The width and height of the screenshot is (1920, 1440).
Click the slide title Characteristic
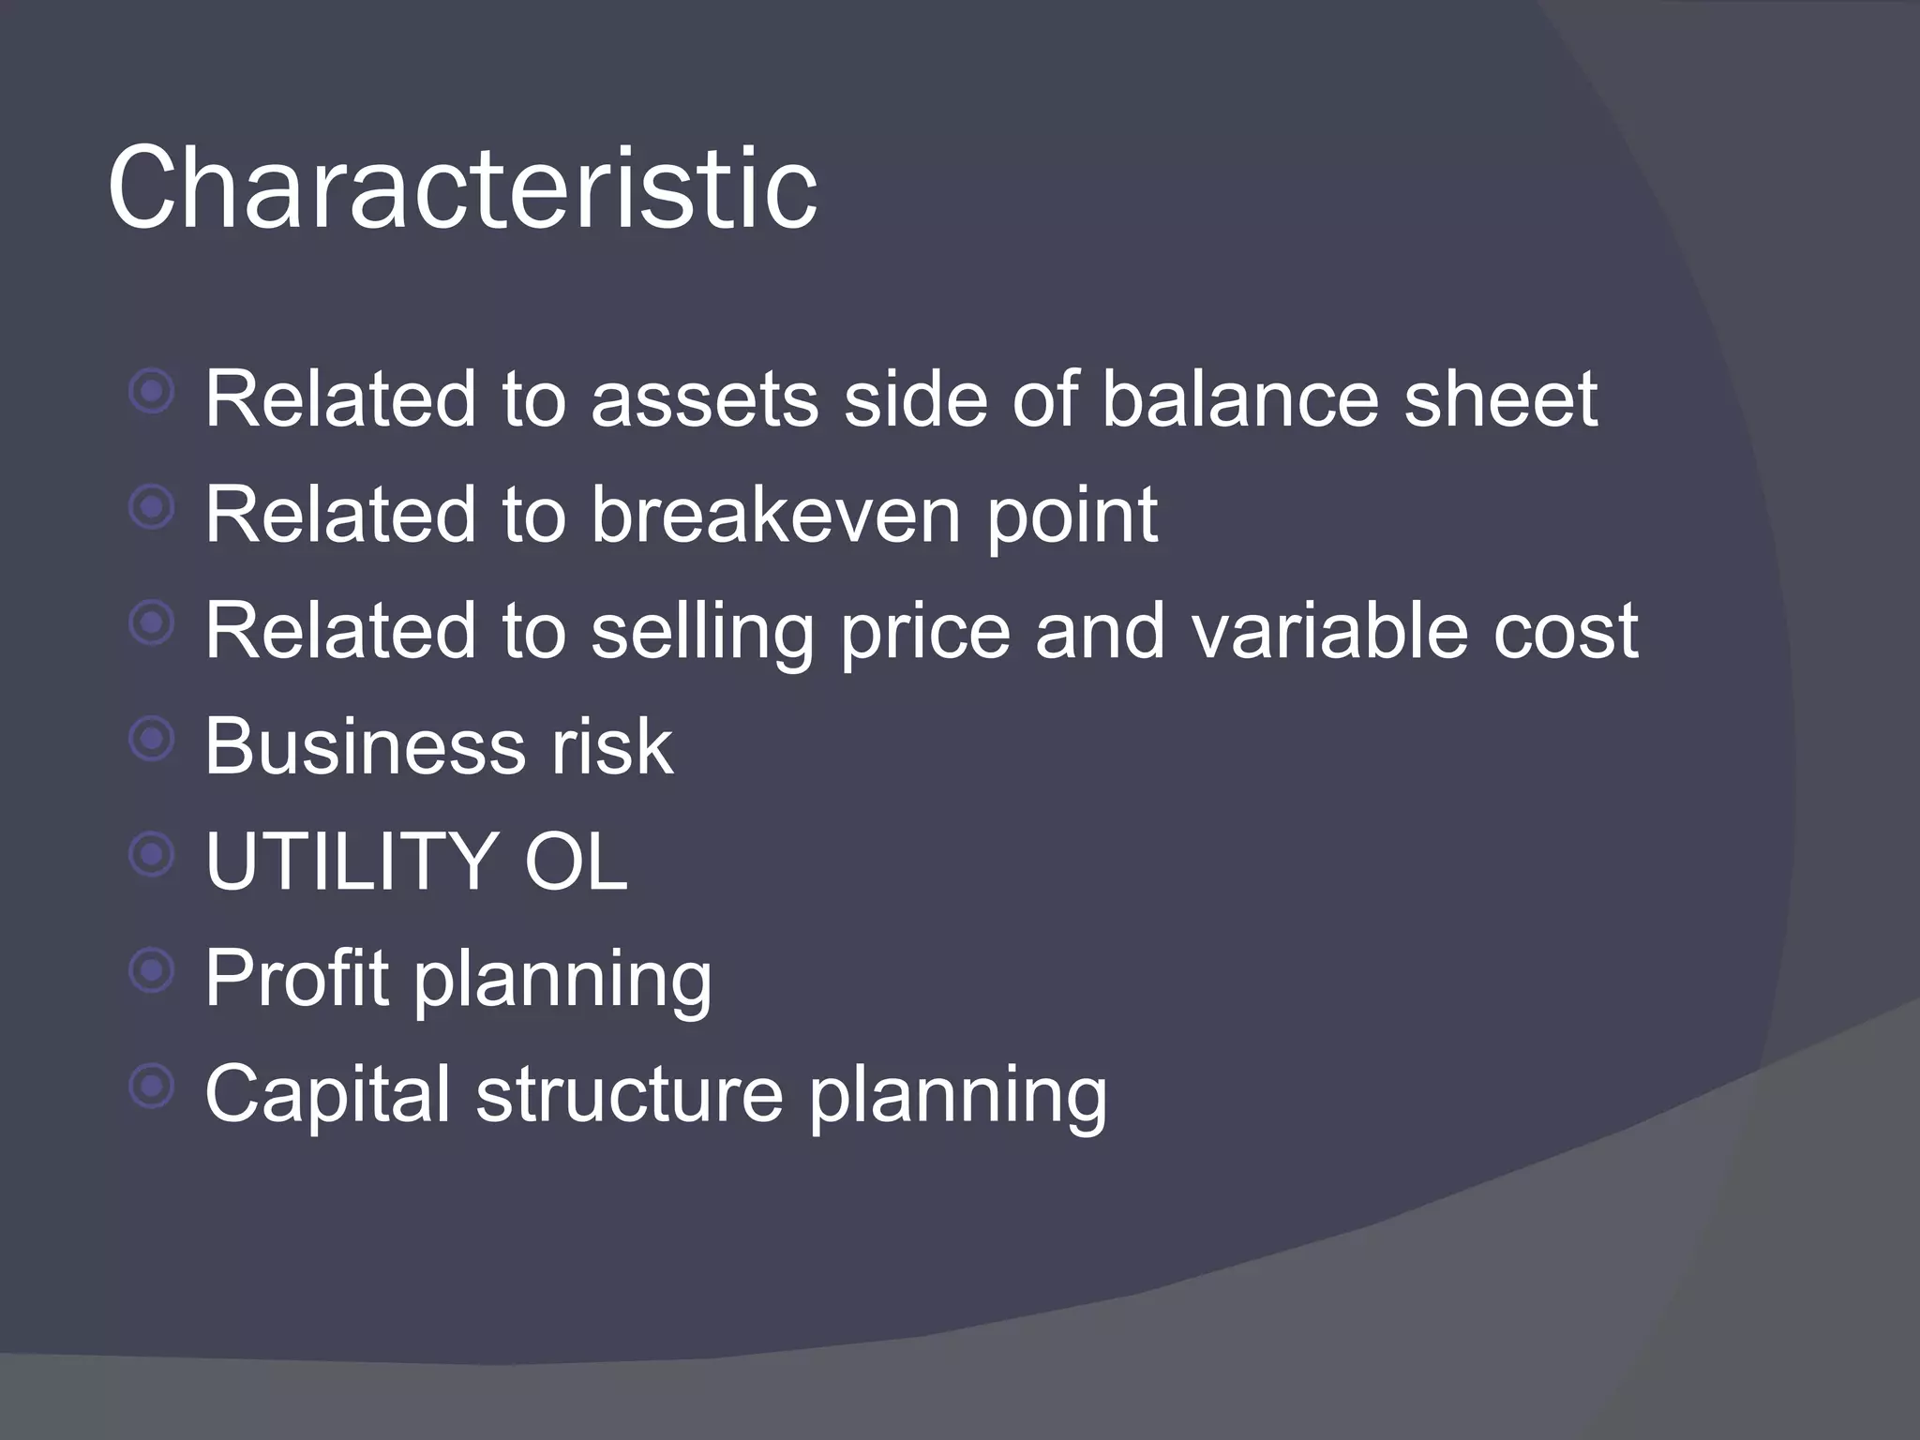pyautogui.click(x=462, y=187)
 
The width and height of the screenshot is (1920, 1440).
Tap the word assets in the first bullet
pyautogui.click(x=704, y=399)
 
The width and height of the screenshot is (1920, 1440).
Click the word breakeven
pyautogui.click(x=775, y=515)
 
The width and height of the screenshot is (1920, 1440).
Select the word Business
pyautogui.click(x=365, y=746)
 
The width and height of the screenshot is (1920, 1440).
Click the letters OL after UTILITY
pyautogui.click(x=575, y=862)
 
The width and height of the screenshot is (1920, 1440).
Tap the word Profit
pyautogui.click(x=296, y=978)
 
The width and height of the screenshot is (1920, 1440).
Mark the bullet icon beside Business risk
pyautogui.click(x=152, y=740)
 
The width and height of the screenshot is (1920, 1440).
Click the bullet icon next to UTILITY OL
pyautogui.click(x=152, y=854)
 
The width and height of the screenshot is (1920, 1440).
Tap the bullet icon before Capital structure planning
pyautogui.click(x=152, y=1087)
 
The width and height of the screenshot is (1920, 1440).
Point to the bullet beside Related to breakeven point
pyautogui.click(x=152, y=507)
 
